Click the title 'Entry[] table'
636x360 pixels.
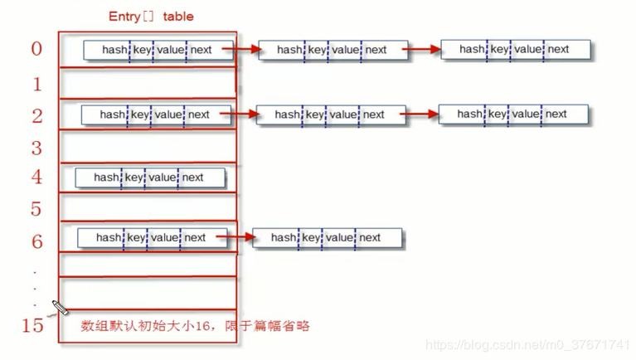[151, 17]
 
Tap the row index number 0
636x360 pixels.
[36, 49]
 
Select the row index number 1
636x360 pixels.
[36, 83]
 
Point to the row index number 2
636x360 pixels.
[36, 114]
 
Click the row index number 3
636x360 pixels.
[36, 148]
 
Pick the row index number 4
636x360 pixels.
[36, 177]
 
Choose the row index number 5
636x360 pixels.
[36, 208]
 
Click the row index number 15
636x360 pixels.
[32, 325]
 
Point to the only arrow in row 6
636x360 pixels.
[234, 238]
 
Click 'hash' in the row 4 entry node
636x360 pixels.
[106, 178]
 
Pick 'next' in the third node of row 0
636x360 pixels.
[558, 50]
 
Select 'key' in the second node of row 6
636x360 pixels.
[311, 238]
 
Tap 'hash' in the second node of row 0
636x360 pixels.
[289, 50]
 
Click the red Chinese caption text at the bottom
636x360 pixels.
[194, 326]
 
